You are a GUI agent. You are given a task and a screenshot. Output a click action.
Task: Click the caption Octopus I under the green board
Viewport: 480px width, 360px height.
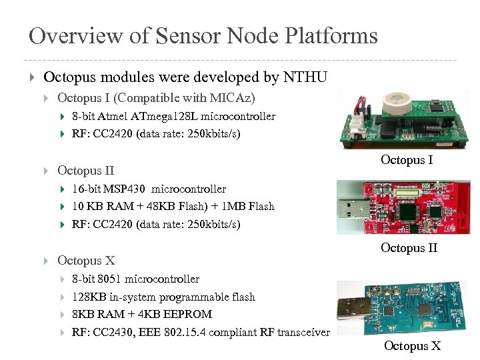tap(407, 160)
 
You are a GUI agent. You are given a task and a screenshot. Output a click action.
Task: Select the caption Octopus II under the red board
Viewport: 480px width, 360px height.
tap(409, 248)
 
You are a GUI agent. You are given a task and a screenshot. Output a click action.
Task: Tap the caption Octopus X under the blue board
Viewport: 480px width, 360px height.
tap(412, 346)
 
